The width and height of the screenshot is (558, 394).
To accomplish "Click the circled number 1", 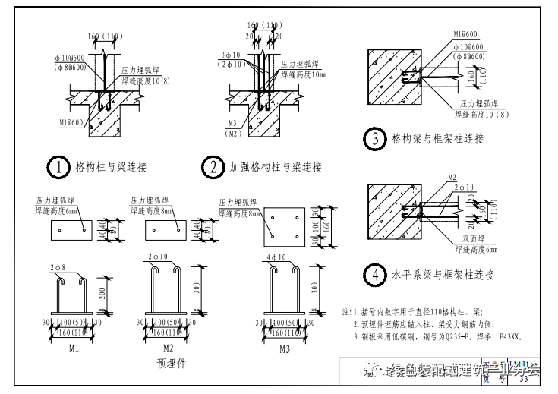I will coord(57,166).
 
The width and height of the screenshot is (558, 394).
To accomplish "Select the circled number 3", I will coord(374,139).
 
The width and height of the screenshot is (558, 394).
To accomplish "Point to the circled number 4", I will coord(374,274).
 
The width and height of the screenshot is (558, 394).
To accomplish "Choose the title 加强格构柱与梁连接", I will coord(276,166).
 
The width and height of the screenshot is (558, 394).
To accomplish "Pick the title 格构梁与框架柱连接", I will coord(437,139).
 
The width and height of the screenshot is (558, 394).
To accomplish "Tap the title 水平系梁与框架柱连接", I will coord(443,274).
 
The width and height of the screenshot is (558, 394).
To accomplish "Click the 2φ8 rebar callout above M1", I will coord(58,267).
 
